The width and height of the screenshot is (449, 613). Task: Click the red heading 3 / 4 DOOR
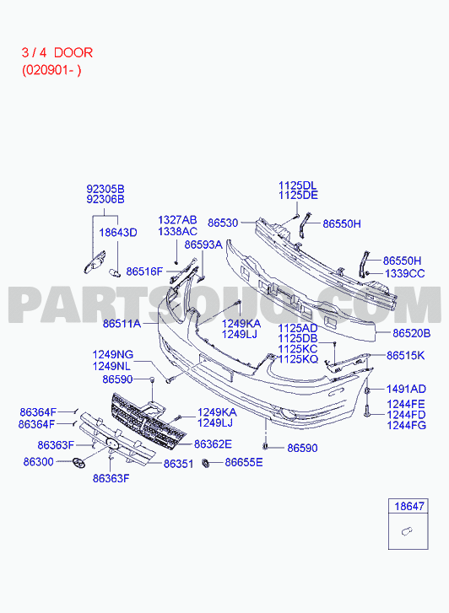point(57,53)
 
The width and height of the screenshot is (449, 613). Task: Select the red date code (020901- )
point(51,70)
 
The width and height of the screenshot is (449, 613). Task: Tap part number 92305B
point(105,189)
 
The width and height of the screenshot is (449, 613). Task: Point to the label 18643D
point(118,233)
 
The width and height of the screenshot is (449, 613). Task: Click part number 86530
point(223,223)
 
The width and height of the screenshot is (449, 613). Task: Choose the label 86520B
point(411,333)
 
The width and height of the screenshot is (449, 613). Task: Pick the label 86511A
point(122,324)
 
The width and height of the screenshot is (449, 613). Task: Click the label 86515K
point(406,355)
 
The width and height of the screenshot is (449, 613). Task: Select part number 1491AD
point(406,389)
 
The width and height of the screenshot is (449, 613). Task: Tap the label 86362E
point(213,444)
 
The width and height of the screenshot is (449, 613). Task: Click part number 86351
point(179,464)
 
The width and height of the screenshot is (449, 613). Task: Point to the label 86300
point(38,462)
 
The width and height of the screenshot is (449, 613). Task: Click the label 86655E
point(243,462)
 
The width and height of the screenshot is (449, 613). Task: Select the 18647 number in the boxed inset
point(409,506)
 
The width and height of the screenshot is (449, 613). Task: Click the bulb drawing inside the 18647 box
point(407,532)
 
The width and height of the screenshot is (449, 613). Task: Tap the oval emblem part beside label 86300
point(78,462)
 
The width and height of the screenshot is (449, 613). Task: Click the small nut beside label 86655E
point(206,463)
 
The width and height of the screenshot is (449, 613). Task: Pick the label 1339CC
point(405,274)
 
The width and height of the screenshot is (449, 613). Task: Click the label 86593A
point(203,245)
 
